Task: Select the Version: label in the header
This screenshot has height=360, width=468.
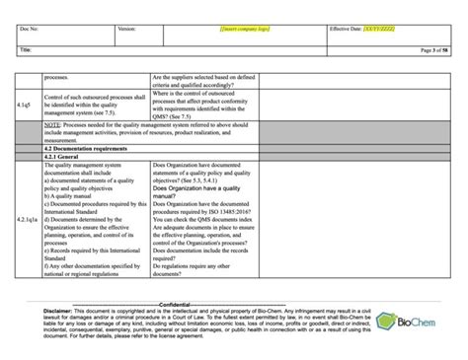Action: coord(126,31)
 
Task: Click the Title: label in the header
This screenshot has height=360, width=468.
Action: coord(25,47)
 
